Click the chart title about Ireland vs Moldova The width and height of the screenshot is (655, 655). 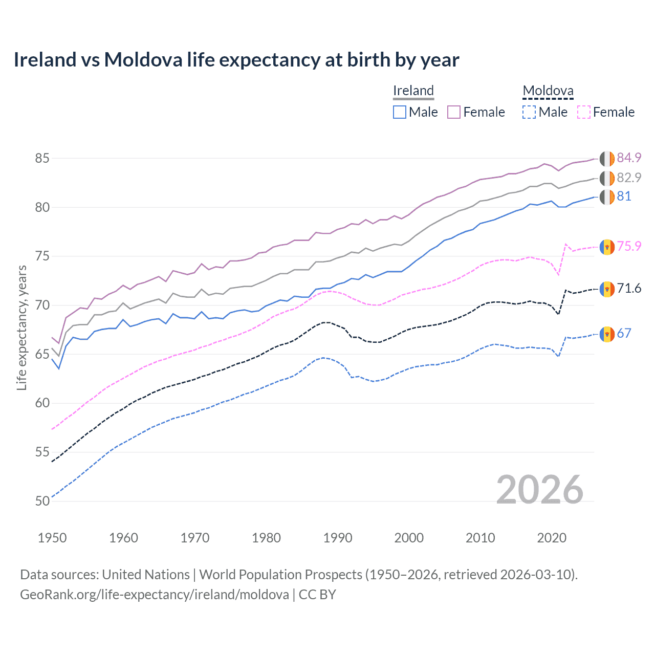pos(236,60)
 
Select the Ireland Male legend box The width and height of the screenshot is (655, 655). pos(400,112)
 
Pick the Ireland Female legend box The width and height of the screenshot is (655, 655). pos(454,112)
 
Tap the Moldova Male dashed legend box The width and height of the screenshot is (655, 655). pos(529,112)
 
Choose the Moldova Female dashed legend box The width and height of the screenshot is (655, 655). pos(584,112)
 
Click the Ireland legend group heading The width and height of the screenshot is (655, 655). pos(413,91)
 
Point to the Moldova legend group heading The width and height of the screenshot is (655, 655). pos(548,91)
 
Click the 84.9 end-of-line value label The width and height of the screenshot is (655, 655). pos(629,158)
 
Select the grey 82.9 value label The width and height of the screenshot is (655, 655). pos(629,178)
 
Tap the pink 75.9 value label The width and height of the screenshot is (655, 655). pos(629,246)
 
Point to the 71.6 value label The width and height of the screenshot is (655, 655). pos(629,289)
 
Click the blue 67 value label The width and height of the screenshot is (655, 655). pos(624,334)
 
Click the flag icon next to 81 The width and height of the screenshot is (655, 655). pos(607,196)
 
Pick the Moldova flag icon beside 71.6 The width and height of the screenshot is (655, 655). pos(607,289)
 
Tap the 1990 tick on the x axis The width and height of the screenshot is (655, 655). pos(338,538)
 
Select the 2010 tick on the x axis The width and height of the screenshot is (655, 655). pos(480,538)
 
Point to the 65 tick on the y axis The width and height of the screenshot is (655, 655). pos(42,354)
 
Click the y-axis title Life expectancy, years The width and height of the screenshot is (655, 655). pos(21,327)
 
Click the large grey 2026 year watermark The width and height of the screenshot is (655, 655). pos(539,490)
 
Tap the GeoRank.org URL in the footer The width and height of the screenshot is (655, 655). pos(154,595)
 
